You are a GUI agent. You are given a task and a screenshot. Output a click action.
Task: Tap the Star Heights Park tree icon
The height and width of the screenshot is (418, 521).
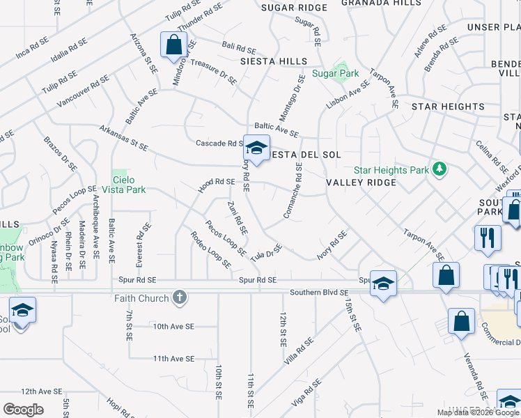click(440, 169)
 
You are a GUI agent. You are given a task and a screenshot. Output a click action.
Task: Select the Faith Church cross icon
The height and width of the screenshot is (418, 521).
click(180, 297)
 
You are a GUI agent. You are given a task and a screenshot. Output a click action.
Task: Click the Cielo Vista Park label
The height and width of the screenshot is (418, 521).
click(129, 184)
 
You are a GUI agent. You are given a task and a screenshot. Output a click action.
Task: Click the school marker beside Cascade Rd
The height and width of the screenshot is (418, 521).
click(256, 148)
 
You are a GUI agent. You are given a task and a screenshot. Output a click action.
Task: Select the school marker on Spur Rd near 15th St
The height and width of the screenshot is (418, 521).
click(382, 283)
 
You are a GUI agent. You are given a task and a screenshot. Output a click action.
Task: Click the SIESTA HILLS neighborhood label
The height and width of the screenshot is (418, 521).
click(274, 61)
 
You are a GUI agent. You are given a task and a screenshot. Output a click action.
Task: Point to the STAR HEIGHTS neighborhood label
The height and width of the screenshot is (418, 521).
click(448, 107)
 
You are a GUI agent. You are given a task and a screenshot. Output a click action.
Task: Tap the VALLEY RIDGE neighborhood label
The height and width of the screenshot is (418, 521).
click(361, 183)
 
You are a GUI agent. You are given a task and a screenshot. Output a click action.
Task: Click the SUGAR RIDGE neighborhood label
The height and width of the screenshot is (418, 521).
click(293, 8)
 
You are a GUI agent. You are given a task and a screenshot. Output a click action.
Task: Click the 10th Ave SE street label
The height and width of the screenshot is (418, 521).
click(173, 326)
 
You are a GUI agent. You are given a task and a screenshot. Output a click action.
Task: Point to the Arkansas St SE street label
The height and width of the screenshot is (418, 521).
click(124, 138)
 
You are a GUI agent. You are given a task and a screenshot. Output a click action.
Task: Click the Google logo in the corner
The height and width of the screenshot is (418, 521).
click(23, 409)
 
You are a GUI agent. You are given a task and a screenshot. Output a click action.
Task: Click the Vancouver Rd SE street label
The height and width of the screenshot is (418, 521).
click(84, 91)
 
